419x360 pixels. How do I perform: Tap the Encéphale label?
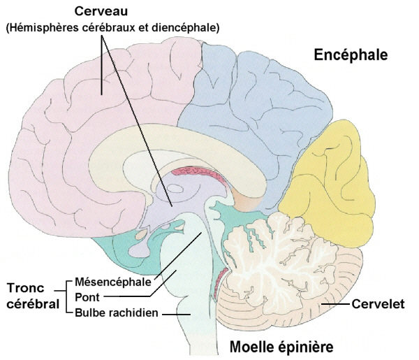[x=350, y=55]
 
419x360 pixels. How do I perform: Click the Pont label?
[x=86, y=298]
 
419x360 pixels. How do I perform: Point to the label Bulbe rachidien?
[x=117, y=312]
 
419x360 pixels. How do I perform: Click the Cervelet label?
[x=378, y=304]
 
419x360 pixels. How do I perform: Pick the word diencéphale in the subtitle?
[x=186, y=28]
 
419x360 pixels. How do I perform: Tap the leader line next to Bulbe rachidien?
[x=175, y=314]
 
